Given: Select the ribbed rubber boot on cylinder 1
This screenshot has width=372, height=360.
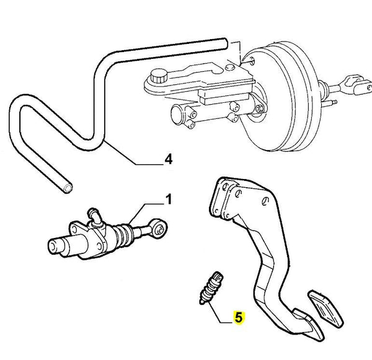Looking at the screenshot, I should [128, 233].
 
